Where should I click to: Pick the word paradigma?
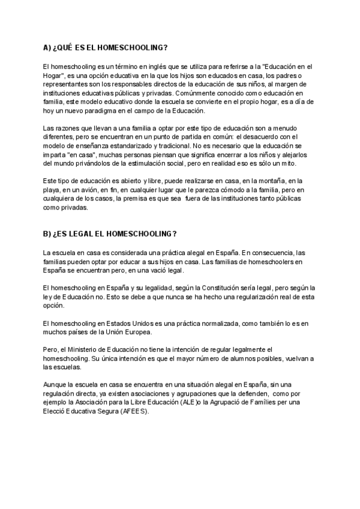click(x=100, y=111)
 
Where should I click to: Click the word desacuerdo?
click(x=260, y=138)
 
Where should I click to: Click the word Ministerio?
click(x=83, y=350)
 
